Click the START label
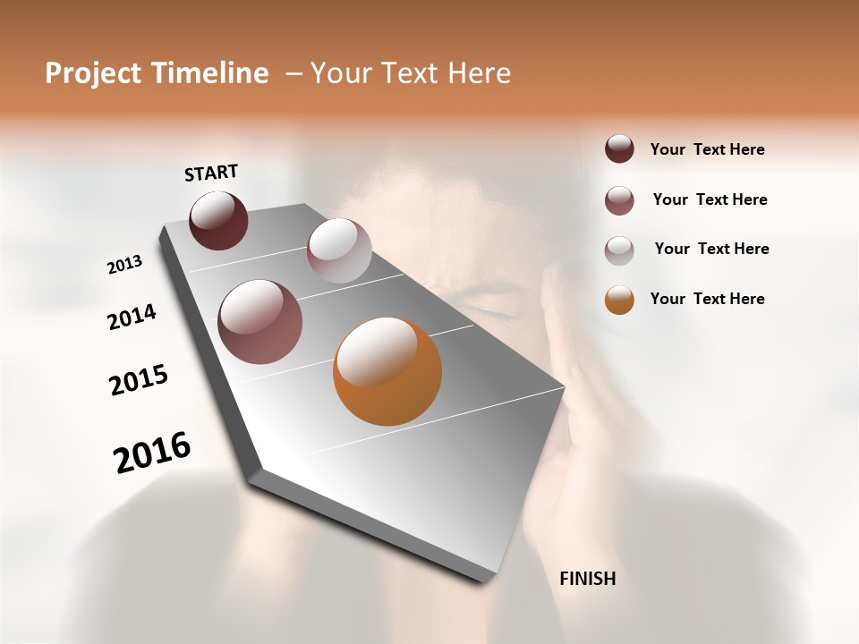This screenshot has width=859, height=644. coord(211,173)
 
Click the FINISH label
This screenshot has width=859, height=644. coord(587,579)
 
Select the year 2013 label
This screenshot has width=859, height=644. coord(125,265)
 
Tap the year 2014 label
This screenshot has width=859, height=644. coord(132,317)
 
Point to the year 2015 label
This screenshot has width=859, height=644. coord(139,380)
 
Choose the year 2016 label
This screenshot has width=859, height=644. coord(152,453)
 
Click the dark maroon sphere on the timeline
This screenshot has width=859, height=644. coord(218,221)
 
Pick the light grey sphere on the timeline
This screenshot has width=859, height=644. coord(339,250)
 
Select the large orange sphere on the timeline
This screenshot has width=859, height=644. coord(387,371)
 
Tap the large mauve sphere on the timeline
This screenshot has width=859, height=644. coord(259,322)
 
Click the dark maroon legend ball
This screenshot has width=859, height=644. coord(619,149)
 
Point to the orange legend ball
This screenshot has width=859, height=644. coord(619,300)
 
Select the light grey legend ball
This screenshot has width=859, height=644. coord(619,250)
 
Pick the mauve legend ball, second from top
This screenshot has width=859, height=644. coord(619,200)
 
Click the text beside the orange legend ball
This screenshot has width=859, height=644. coord(707,299)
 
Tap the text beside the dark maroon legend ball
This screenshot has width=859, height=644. coord(707,149)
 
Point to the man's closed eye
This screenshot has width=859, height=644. coord(490,309)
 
